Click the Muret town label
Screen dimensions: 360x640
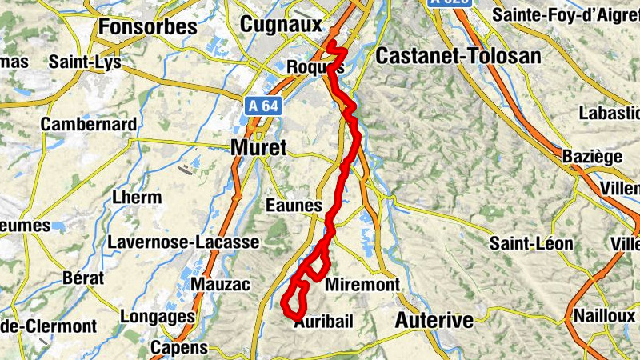(x=258, y=147)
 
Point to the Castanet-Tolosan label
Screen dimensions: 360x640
(x=458, y=56)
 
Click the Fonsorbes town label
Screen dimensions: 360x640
(x=147, y=26)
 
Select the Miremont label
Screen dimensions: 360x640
(x=362, y=285)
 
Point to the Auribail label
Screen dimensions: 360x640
(x=323, y=322)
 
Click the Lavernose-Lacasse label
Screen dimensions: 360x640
(x=184, y=242)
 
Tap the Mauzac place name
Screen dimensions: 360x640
(x=221, y=285)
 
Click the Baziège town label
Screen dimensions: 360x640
(x=592, y=156)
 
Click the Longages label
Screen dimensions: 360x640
(x=157, y=316)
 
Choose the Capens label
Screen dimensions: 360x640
(x=178, y=348)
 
